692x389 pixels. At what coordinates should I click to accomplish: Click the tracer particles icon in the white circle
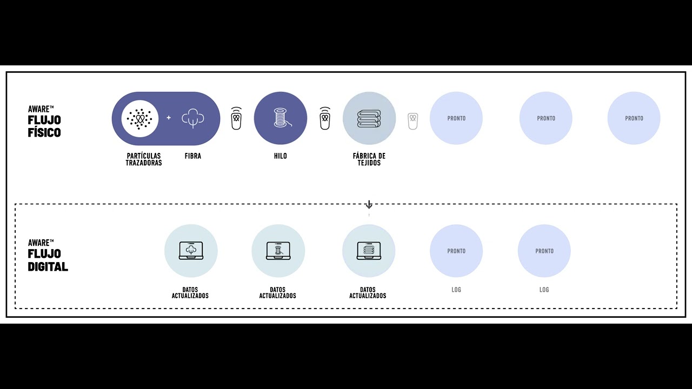139,118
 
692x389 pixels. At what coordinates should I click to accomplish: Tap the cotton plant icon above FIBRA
192,118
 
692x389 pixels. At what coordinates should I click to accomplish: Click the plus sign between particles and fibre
169,118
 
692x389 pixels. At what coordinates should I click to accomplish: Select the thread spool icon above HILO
280,118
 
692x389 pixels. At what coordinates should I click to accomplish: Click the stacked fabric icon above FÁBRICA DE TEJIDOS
369,118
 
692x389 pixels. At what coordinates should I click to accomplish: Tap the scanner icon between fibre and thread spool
236,118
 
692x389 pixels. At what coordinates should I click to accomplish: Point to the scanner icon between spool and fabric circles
325,118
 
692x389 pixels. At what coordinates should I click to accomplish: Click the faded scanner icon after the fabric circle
412,120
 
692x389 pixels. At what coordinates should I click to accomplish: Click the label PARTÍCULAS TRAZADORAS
144,159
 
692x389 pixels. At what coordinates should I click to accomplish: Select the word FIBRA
192,156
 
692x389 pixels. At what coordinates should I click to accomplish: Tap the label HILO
280,156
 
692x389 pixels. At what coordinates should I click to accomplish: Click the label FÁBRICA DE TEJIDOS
369,159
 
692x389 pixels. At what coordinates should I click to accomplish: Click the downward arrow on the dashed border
369,205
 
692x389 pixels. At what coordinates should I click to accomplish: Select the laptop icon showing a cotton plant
191,251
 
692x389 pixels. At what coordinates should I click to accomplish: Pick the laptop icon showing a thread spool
278,251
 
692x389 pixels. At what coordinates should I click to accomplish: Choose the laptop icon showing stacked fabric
369,251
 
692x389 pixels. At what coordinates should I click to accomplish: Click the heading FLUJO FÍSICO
44,126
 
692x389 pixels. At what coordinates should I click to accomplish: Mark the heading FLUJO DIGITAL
48,260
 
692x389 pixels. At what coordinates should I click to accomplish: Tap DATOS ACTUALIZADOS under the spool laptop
278,293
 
